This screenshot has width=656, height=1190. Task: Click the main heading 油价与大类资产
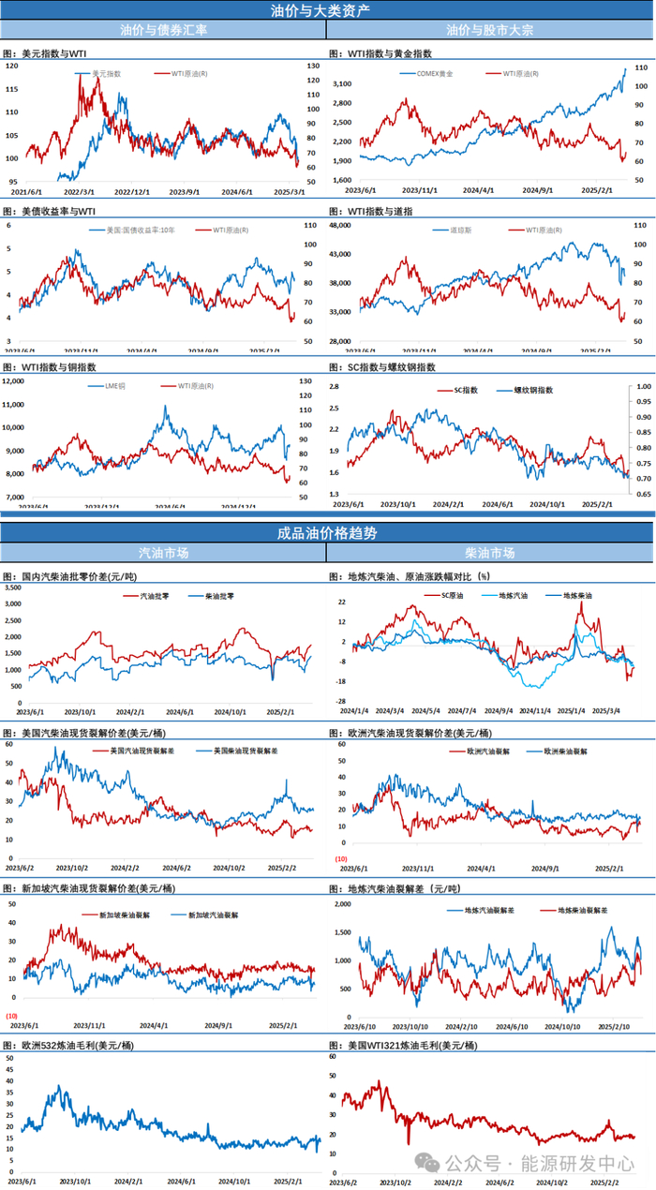[x=327, y=10]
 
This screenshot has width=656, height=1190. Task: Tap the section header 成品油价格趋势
[x=327, y=532]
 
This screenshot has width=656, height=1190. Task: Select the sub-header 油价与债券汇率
[x=164, y=30]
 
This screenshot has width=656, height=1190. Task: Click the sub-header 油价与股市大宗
[x=490, y=30]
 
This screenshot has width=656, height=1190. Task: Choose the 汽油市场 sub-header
[x=164, y=553]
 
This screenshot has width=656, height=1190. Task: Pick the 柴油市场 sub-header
[x=490, y=553]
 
